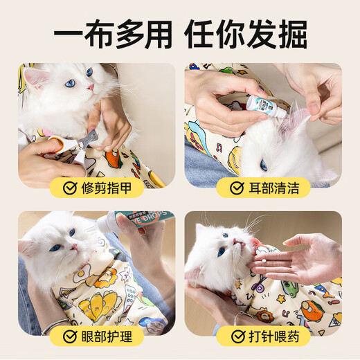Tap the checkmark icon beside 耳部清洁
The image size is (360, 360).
coord(237,188)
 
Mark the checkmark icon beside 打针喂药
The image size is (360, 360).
coord(237,336)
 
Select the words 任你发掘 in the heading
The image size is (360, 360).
coord(256,34)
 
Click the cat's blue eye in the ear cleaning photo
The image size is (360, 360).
coord(264,165)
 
